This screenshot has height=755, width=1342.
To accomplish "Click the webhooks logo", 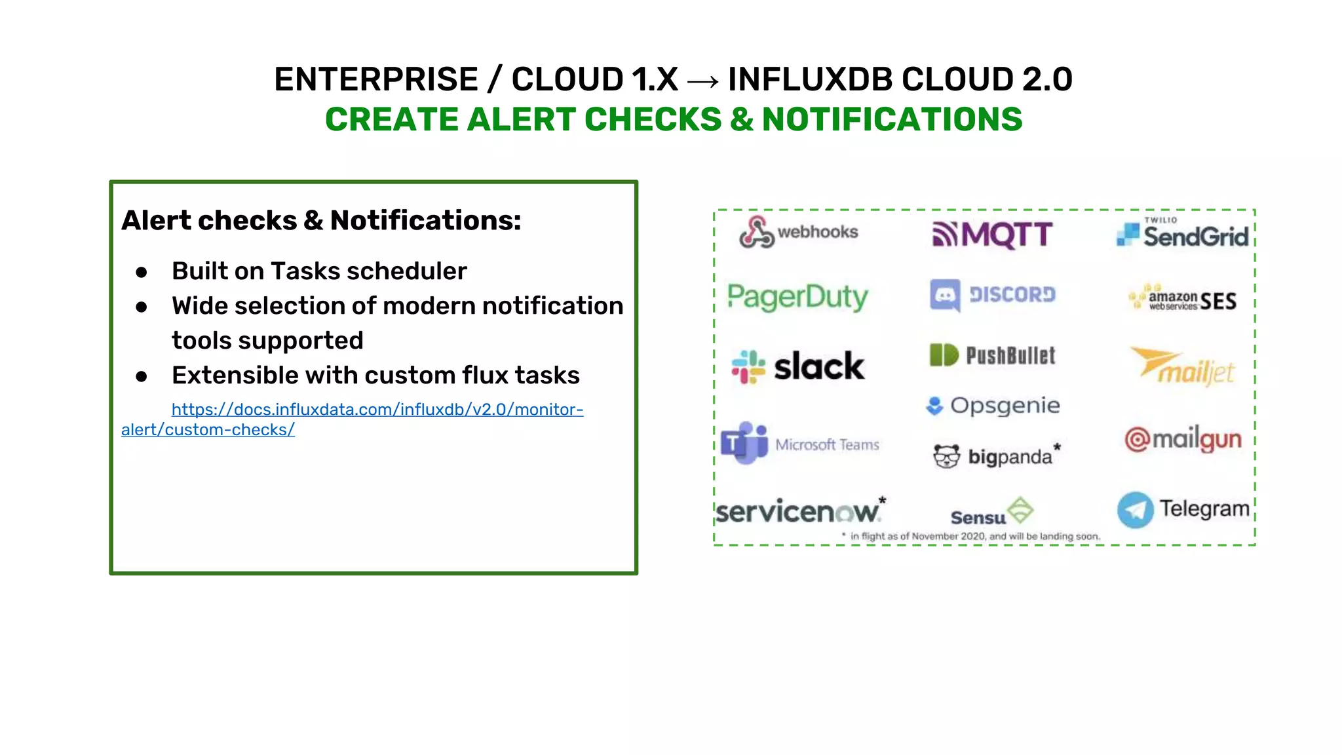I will [x=798, y=232].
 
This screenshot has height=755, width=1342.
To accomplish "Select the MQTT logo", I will [x=992, y=235].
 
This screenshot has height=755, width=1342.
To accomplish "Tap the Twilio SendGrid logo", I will [x=1183, y=235].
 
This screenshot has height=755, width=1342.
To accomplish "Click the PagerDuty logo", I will [x=797, y=297].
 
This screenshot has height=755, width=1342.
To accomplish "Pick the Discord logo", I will [x=992, y=295].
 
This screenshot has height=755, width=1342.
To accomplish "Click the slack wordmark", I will [x=819, y=366].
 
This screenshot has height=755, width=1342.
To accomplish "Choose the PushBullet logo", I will [x=992, y=355].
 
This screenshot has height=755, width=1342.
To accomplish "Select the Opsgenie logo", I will [x=992, y=406].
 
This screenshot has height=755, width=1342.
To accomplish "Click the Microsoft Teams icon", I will [x=744, y=443].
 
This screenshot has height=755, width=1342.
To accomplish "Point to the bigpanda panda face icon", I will [x=946, y=456].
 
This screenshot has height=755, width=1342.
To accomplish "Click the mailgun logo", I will [x=1183, y=439].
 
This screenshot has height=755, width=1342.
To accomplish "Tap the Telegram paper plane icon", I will [x=1135, y=510].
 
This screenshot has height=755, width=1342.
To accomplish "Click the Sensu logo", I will [x=992, y=513].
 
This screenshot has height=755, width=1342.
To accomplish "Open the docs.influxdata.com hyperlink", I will [x=377, y=410].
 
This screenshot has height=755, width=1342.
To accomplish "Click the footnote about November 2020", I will [x=973, y=536].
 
